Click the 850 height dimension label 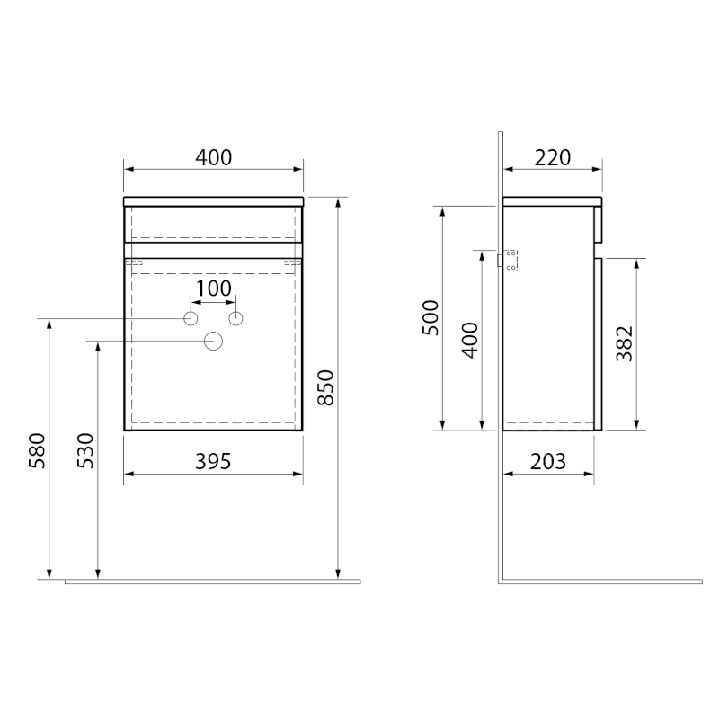tap(325, 387)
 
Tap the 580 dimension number tap(37, 451)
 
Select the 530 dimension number tap(85, 451)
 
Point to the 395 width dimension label tap(213, 461)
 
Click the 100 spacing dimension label tap(214, 288)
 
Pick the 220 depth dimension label tap(553, 158)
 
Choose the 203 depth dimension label tap(548, 461)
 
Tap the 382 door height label tap(624, 344)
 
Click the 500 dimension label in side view tap(431, 318)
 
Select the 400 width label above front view tap(214, 158)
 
